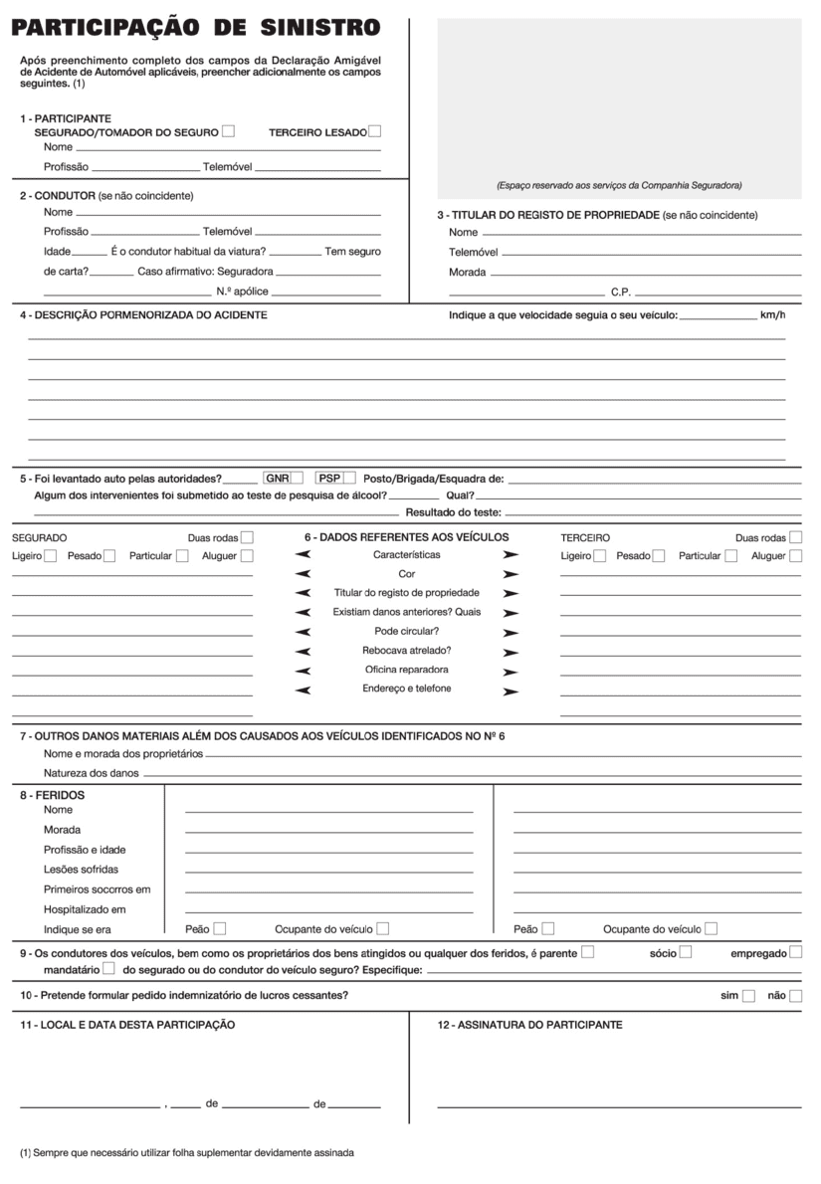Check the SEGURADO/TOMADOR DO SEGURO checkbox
[x=229, y=130]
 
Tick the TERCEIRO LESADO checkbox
[x=374, y=130]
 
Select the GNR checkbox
[x=297, y=478]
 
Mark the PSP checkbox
[x=349, y=478]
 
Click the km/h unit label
[x=772, y=315]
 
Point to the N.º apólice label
[x=242, y=294]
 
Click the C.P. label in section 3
[x=620, y=294]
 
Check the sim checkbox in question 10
[x=749, y=996]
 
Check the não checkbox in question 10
[x=795, y=996]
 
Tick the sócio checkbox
[x=685, y=953]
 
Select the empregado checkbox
[x=795, y=953]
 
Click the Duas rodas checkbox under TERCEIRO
[x=795, y=537]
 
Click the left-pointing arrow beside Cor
[x=304, y=574]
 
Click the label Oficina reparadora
[x=406, y=670]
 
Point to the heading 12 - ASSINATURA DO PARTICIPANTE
[x=530, y=1025]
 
